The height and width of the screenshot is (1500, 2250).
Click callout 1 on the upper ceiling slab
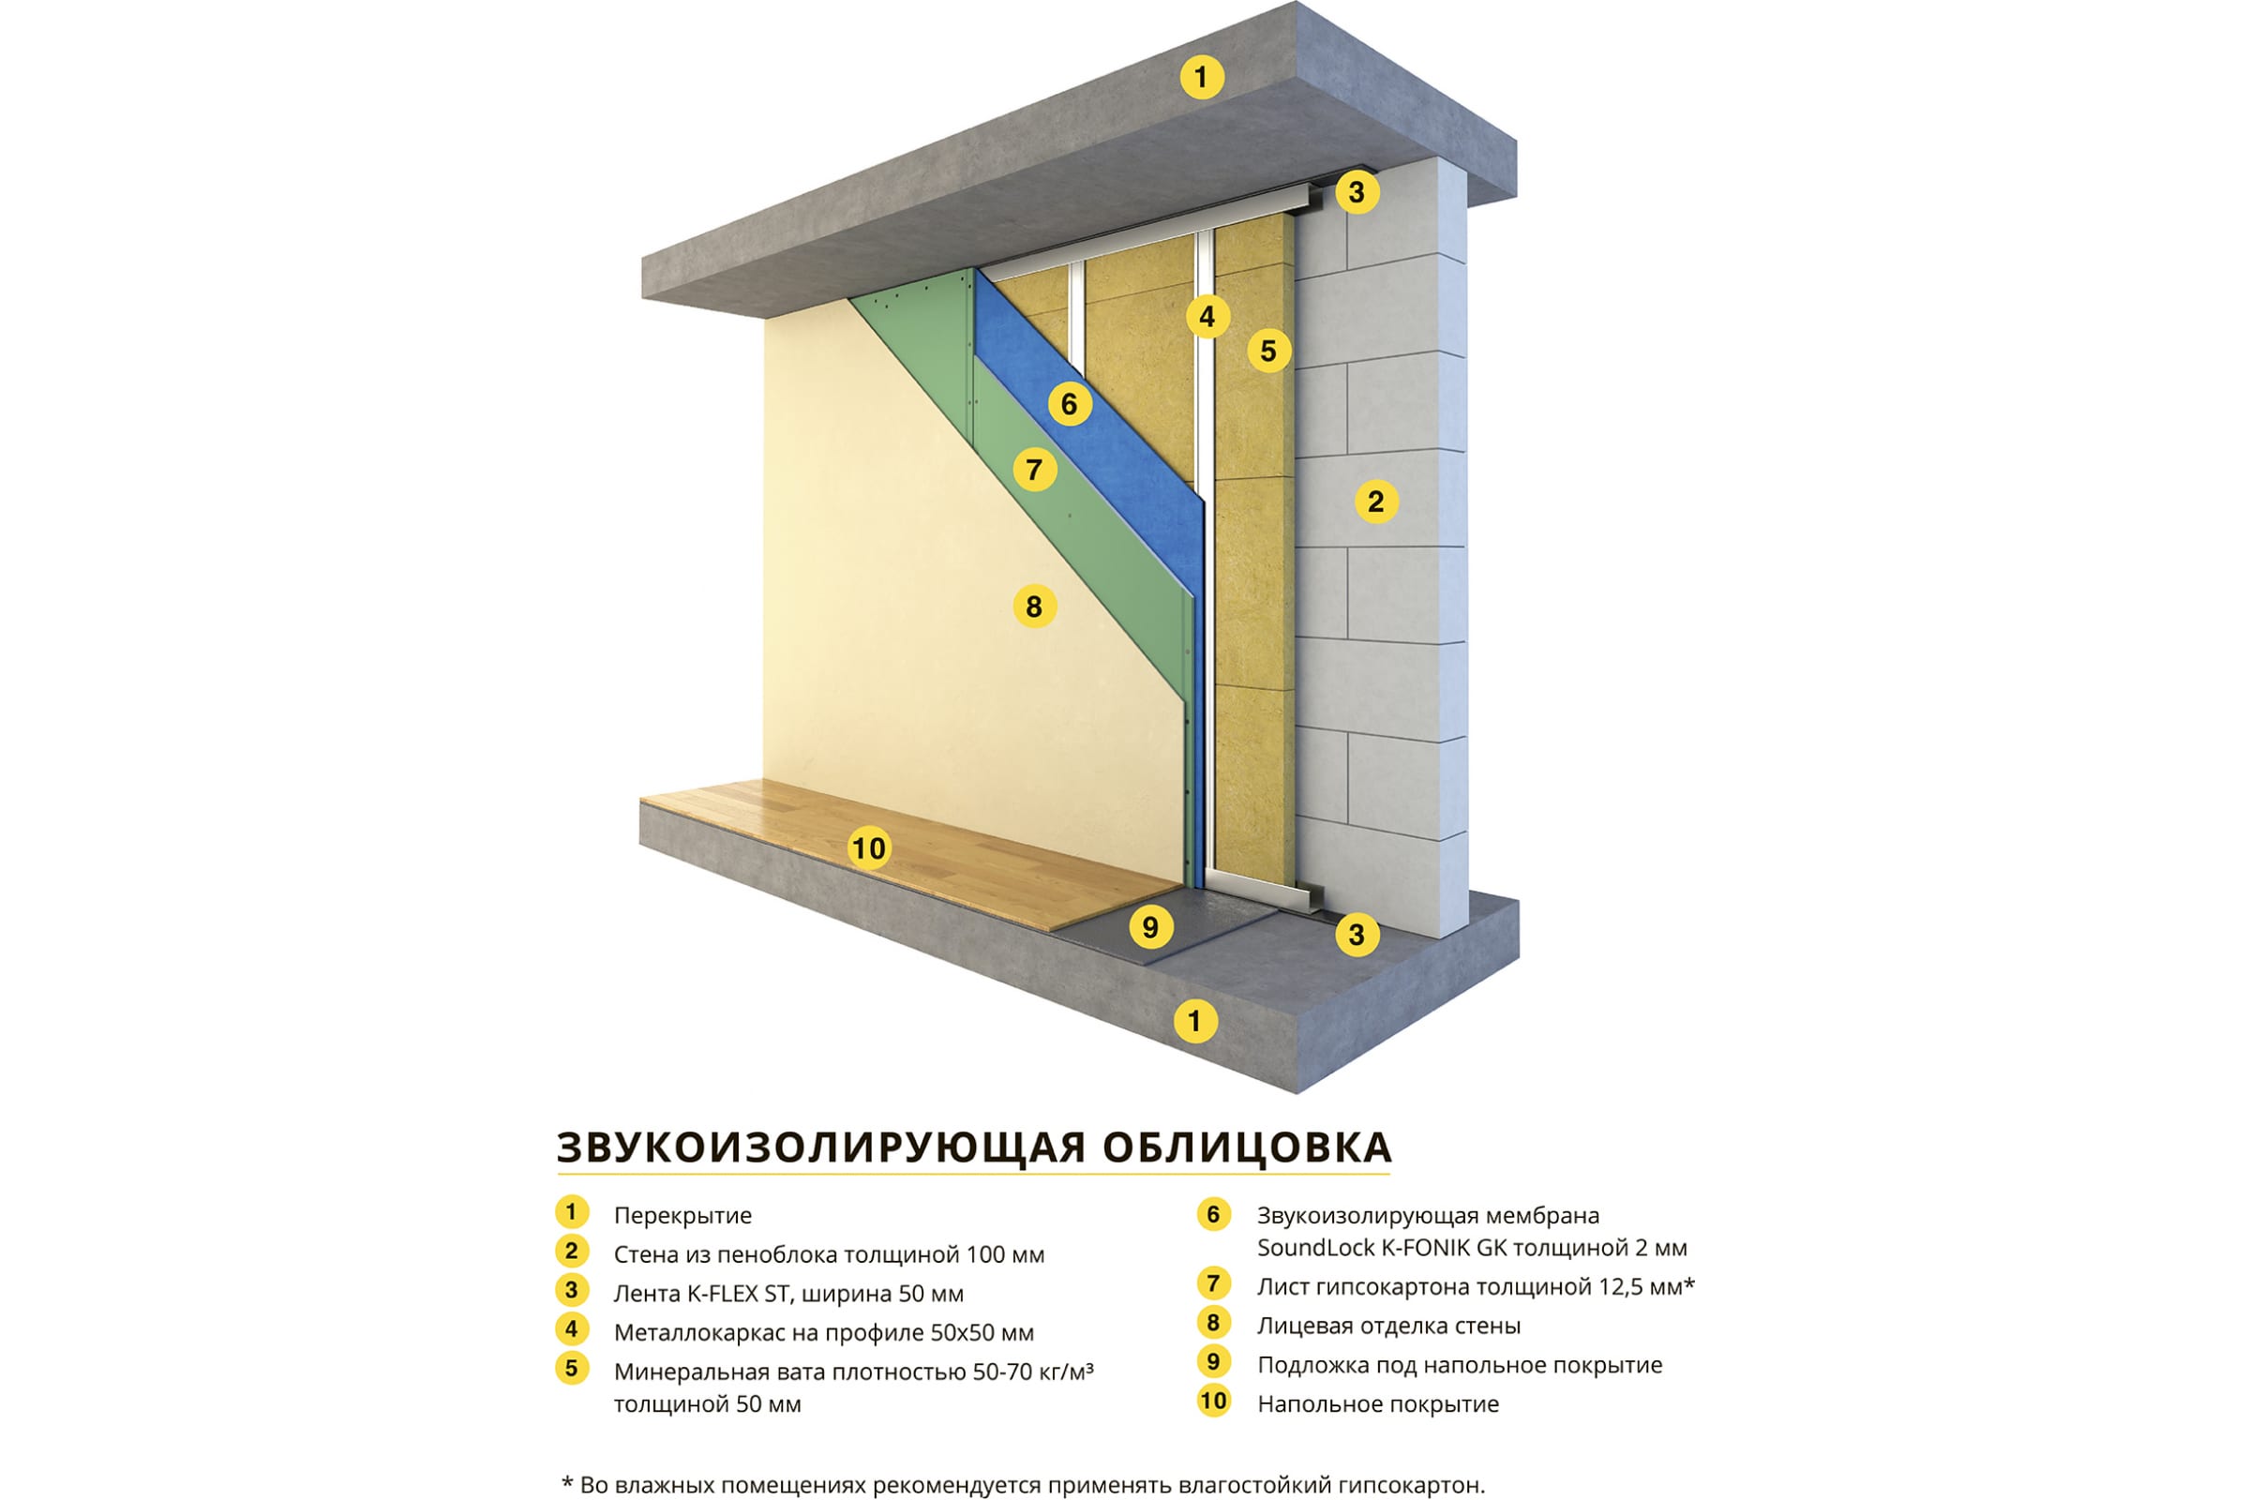pyautogui.click(x=1202, y=77)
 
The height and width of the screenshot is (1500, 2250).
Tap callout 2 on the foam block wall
pyautogui.click(x=1375, y=502)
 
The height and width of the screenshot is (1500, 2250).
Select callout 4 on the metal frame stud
pyautogui.click(x=1207, y=316)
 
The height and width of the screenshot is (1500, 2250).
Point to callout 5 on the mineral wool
pyautogui.click(x=1268, y=351)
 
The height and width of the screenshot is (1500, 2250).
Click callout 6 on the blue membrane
pyautogui.click(x=1070, y=405)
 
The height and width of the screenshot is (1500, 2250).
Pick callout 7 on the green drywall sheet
pyautogui.click(x=1034, y=470)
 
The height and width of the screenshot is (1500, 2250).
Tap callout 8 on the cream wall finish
pyautogui.click(x=1034, y=606)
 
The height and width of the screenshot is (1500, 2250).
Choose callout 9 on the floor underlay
pyautogui.click(x=1151, y=926)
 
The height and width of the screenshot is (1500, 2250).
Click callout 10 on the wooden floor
pyautogui.click(x=869, y=848)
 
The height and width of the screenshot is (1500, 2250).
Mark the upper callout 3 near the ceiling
pyautogui.click(x=1357, y=191)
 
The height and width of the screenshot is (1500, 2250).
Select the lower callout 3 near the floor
pyautogui.click(x=1357, y=934)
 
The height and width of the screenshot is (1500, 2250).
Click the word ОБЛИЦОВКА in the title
pyautogui.click(x=1247, y=1147)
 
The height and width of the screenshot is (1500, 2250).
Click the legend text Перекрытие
pyautogui.click(x=683, y=1216)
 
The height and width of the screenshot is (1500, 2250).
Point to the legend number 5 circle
pyautogui.click(x=571, y=1368)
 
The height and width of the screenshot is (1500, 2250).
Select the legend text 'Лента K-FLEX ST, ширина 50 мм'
pyautogui.click(x=788, y=1294)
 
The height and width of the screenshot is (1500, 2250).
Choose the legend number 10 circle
pyautogui.click(x=1213, y=1402)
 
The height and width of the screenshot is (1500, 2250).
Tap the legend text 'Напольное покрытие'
pyautogui.click(x=1378, y=1404)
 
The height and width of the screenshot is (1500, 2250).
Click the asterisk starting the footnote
pyautogui.click(x=567, y=1482)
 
